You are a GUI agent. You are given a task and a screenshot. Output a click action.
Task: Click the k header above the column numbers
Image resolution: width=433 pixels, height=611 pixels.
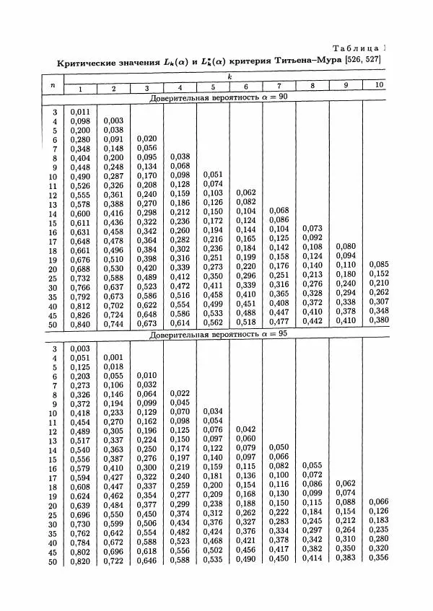(228, 76)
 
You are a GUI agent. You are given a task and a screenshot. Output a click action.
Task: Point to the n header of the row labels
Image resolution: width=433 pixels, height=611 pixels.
(52, 84)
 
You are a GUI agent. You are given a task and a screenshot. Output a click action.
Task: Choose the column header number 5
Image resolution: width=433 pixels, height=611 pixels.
(213, 88)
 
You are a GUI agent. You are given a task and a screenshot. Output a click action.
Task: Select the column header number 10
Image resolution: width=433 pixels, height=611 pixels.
(378, 85)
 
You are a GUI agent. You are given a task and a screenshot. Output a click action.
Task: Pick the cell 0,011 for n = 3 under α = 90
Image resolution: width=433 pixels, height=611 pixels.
(80, 112)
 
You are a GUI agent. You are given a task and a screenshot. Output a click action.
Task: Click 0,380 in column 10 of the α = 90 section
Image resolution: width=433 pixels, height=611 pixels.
(379, 320)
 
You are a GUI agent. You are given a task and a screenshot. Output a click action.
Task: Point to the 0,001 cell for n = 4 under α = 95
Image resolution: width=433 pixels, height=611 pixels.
(113, 358)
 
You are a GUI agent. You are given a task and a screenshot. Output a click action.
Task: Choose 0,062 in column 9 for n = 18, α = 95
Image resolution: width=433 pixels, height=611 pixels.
(346, 483)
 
